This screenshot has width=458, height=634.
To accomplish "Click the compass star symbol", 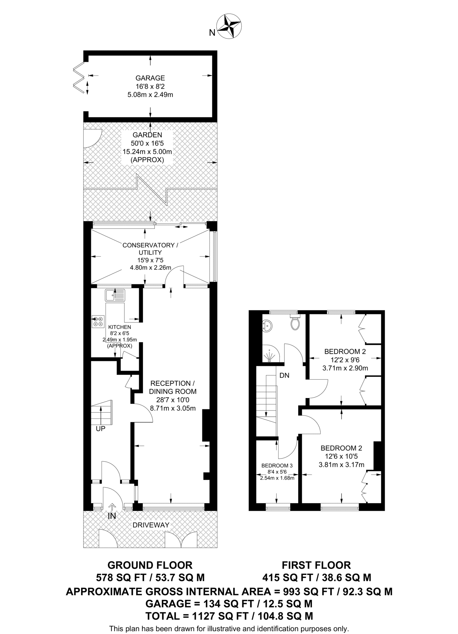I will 229,26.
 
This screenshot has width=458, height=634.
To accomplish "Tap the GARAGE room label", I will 150,78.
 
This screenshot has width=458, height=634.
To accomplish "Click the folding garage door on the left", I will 79,77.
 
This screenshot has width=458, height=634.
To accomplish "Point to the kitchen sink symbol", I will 115,295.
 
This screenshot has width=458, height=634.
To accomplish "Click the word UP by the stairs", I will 101,429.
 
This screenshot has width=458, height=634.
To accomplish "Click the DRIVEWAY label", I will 151,525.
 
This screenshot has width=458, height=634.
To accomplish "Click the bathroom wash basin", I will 267,326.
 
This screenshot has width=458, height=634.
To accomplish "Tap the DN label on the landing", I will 284,376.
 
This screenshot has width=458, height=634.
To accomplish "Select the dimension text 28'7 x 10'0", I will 172,400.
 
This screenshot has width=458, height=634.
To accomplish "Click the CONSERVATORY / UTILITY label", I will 150,249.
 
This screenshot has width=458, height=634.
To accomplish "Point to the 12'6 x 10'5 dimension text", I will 341,456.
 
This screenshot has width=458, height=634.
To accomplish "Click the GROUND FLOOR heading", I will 150,565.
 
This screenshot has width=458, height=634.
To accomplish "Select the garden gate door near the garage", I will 92,138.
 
